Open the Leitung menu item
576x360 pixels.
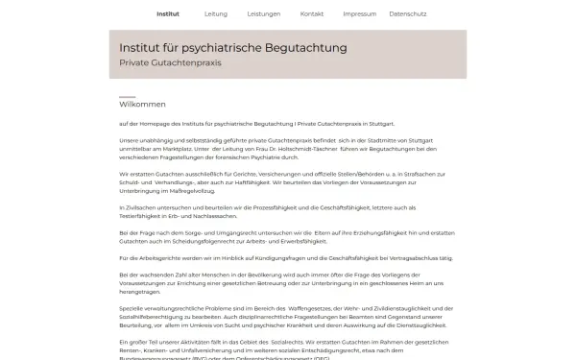[216, 14]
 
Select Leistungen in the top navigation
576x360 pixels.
[263, 14]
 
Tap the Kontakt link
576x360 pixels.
[312, 14]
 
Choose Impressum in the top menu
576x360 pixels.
[360, 14]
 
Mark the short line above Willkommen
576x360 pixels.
[127, 97]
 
